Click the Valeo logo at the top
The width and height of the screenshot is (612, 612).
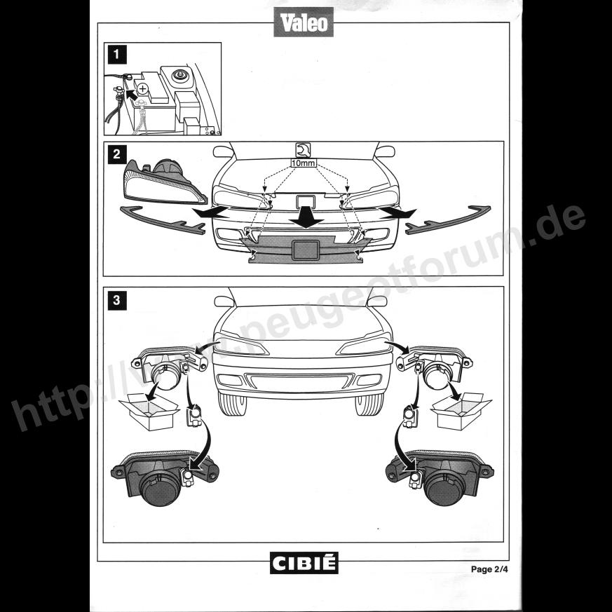point(304,22)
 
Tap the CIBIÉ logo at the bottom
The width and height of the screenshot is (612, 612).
point(304,563)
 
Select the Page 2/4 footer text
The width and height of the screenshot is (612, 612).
point(489,569)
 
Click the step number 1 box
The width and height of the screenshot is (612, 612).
point(117,55)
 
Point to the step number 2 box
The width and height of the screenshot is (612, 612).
point(117,154)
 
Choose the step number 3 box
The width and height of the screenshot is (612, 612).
point(117,301)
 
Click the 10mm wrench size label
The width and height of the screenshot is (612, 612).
point(304,163)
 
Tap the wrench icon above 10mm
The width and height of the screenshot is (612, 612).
point(304,150)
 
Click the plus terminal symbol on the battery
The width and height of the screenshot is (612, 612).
point(143,89)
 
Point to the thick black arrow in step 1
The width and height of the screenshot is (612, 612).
point(132,94)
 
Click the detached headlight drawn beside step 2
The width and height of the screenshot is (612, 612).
point(164,184)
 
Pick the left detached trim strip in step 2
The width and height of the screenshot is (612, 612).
point(163,221)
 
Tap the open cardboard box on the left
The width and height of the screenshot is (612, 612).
point(149,412)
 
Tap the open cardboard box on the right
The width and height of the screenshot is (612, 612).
point(461,411)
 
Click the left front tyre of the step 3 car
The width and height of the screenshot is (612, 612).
point(233,404)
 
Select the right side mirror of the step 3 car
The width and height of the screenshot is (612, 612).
point(377,301)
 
